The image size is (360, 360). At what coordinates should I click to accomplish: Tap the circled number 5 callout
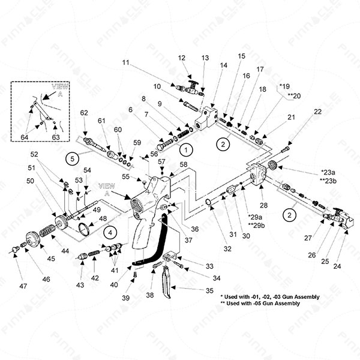click(x=73, y=159)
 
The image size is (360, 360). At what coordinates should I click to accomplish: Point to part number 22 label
click(x=317, y=112)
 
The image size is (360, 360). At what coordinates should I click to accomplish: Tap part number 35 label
click(x=209, y=290)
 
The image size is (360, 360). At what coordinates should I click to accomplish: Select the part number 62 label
click(x=84, y=112)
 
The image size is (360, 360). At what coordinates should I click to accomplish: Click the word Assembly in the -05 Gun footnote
click(x=302, y=304)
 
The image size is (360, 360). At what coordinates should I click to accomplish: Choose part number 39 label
click(x=125, y=298)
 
